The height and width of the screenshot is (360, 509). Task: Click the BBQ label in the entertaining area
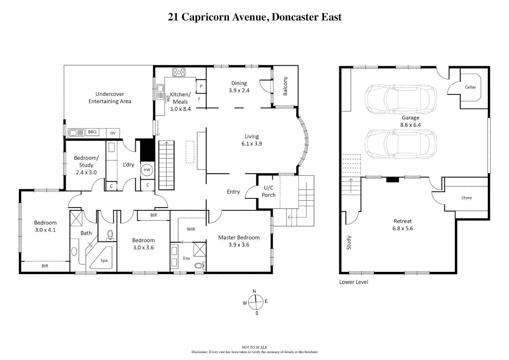(x=92, y=132)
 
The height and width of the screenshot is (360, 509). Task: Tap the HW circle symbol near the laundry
(x=147, y=170)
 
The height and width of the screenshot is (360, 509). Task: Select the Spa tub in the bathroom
(x=104, y=260)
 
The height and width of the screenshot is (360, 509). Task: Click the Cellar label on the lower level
(x=470, y=87)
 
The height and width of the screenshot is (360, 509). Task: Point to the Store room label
(x=466, y=198)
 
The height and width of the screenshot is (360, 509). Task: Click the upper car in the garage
(x=401, y=99)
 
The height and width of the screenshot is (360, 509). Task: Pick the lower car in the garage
(x=401, y=144)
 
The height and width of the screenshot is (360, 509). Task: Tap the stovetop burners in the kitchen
(x=179, y=72)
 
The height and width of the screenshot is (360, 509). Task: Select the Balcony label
(x=285, y=86)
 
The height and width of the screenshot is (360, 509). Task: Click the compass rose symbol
(x=256, y=302)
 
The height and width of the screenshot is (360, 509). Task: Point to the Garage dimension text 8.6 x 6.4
(x=410, y=125)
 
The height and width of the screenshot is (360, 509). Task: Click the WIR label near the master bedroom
(x=191, y=229)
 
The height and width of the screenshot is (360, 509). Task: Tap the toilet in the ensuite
(x=199, y=266)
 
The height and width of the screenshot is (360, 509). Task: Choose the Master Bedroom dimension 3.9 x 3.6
(x=239, y=245)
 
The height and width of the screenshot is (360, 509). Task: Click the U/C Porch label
(x=269, y=191)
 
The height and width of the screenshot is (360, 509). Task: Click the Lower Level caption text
(x=354, y=282)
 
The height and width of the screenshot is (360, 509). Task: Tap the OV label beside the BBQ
(x=113, y=133)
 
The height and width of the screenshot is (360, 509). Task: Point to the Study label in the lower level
(x=349, y=243)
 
